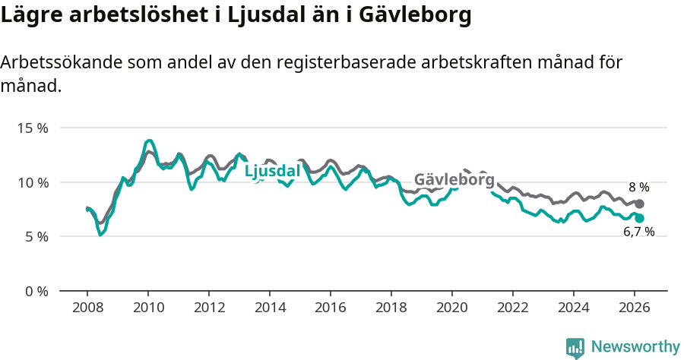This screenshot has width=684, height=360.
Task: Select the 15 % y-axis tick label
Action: tap(33, 128)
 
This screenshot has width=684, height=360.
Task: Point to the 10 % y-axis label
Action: tap(33, 182)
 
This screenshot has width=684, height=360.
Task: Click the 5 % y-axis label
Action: tap(36, 237)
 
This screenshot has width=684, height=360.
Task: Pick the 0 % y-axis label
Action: tap(36, 291)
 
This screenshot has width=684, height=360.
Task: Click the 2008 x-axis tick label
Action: tap(87, 308)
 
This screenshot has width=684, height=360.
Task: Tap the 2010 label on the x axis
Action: tap(148, 308)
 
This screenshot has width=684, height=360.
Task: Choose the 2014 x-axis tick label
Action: tap(270, 308)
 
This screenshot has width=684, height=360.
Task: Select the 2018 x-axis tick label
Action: tap(391, 308)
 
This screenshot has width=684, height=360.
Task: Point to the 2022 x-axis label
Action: tap(513, 308)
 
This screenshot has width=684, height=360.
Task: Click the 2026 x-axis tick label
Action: tap(635, 308)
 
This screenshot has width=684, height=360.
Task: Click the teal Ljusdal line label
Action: tap(272, 172)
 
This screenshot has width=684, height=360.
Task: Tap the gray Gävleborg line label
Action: tap(454, 180)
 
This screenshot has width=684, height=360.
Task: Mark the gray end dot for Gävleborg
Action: tap(639, 204)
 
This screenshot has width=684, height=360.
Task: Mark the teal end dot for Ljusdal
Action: tap(639, 218)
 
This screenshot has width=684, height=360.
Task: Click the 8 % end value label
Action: tap(638, 187)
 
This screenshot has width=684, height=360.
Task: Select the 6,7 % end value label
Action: tap(638, 232)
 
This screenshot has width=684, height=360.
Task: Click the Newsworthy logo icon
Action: tap(575, 348)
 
